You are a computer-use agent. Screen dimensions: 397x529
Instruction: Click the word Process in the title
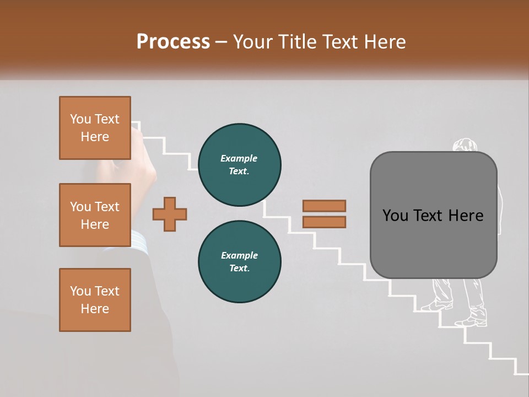click(173, 41)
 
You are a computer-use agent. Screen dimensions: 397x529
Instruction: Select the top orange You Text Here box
click(95, 128)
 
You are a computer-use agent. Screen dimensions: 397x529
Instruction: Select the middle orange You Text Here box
click(95, 215)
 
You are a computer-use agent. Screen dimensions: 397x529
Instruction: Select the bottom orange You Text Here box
click(95, 300)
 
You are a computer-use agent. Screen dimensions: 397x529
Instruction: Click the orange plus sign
click(170, 214)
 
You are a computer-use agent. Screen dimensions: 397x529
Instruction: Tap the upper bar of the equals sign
click(324, 206)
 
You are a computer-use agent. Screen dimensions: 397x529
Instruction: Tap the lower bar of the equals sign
click(324, 222)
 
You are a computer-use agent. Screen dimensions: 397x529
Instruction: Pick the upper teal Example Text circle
click(239, 165)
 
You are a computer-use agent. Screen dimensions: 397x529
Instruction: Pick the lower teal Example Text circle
click(239, 262)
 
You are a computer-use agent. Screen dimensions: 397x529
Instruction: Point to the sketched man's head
click(464, 145)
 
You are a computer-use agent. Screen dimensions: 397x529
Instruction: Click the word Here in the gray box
click(466, 216)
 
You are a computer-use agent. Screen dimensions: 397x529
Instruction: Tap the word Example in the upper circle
click(239, 158)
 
